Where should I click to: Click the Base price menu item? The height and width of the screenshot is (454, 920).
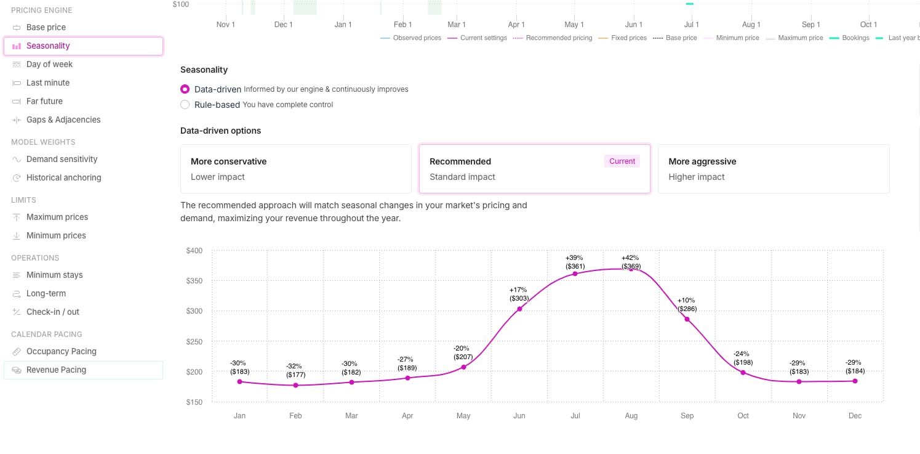[46, 27]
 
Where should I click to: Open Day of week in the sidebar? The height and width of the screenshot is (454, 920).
[49, 64]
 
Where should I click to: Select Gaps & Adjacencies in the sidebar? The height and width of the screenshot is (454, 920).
[63, 120]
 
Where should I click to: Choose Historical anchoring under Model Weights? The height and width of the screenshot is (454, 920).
[63, 177]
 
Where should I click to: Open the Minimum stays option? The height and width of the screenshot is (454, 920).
[54, 275]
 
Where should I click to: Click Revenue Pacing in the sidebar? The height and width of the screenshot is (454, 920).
[56, 370]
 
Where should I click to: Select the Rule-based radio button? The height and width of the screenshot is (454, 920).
[185, 105]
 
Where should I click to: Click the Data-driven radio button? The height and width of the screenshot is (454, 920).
[185, 89]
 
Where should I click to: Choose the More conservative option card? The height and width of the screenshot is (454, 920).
[295, 169]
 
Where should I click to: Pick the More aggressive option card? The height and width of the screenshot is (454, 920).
[773, 169]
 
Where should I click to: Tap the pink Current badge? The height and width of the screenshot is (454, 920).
[622, 161]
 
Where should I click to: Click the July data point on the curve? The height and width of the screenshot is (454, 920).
[575, 274]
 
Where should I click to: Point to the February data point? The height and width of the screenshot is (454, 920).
[295, 386]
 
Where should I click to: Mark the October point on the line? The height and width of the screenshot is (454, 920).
[743, 373]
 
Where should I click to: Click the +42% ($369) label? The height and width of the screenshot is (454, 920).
[630, 262]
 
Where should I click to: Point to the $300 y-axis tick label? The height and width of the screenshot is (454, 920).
[194, 311]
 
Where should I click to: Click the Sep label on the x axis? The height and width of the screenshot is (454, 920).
[687, 416]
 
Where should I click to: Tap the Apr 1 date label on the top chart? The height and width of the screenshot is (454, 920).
[516, 25]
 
